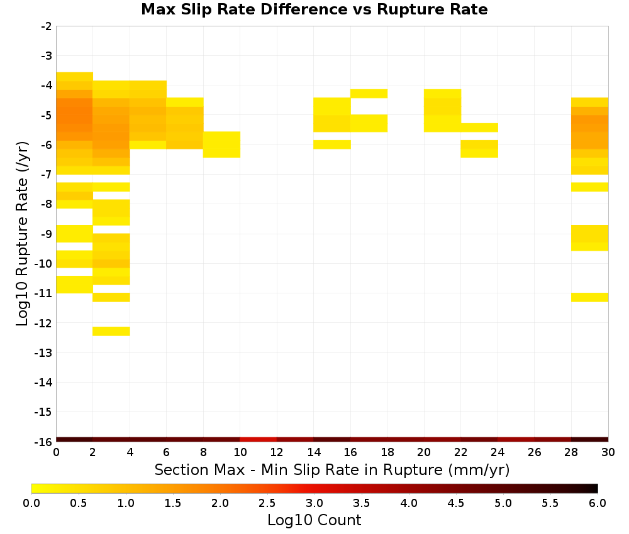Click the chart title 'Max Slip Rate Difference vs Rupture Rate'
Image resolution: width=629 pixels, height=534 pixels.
[x=314, y=9]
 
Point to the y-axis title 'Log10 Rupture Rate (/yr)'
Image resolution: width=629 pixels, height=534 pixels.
[x=23, y=234]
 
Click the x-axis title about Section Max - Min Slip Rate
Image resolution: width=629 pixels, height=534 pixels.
[x=332, y=469]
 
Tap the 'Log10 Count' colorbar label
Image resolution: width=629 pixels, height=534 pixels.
[x=314, y=520]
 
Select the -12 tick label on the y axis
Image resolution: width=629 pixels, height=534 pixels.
[x=43, y=323]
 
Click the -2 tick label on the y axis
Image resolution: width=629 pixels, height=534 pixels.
[x=46, y=26]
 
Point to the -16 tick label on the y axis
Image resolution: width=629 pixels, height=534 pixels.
[x=43, y=442]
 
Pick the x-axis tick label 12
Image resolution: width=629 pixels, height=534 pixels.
[x=277, y=452]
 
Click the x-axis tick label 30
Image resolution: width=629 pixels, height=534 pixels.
[x=608, y=452]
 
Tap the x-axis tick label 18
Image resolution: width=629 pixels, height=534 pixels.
[x=387, y=452]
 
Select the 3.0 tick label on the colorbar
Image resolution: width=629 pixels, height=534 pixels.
[x=314, y=503]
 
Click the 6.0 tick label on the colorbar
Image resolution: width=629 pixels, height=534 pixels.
[x=598, y=503]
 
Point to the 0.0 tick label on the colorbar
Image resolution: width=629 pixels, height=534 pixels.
[x=31, y=503]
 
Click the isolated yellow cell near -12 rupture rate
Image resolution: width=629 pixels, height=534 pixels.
[x=111, y=331]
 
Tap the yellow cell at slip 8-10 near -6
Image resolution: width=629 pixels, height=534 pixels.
[x=222, y=144]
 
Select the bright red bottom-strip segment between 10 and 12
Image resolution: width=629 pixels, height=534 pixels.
[x=259, y=440]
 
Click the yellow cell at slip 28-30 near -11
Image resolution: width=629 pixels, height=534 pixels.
[x=590, y=297]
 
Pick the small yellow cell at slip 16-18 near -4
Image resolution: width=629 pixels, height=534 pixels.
[x=369, y=94]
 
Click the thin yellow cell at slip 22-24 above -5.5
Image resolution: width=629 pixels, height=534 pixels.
[x=479, y=128]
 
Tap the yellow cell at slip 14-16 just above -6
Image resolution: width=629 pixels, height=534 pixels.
[x=332, y=144]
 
